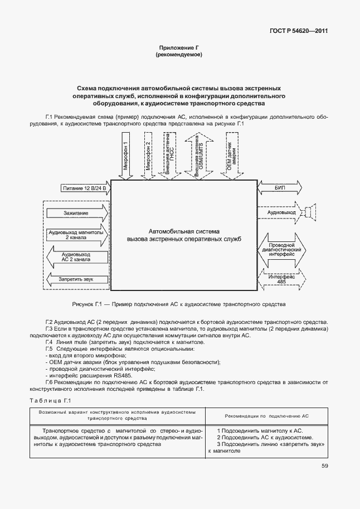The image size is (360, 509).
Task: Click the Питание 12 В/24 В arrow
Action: coord(84,190)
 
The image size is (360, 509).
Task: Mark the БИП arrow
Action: coord(280,190)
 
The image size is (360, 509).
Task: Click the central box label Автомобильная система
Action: coord(184,230)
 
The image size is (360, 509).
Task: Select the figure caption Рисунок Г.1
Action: coord(179,304)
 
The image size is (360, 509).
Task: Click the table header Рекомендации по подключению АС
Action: coord(266,416)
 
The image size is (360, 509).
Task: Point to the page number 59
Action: coord(324,466)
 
